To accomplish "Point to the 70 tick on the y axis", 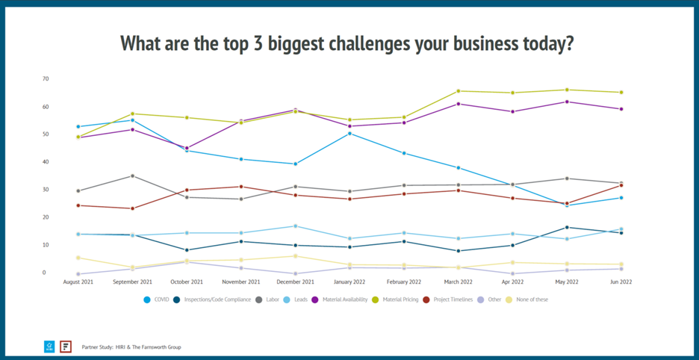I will [x=46, y=78].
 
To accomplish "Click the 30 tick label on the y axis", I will [x=46, y=190].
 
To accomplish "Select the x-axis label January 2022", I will [x=349, y=282].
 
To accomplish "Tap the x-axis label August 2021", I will [x=78, y=282].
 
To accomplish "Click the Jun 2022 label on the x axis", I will [x=621, y=282].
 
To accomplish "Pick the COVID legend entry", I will [x=159, y=300].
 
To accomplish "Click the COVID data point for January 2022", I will [x=349, y=133].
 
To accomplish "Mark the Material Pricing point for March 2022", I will [x=458, y=91].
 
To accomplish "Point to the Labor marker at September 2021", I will [x=132, y=176].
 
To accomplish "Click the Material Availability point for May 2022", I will [x=566, y=102].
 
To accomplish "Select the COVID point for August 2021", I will [x=78, y=127].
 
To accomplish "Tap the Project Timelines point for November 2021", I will [x=240, y=187].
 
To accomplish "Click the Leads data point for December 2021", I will [x=295, y=226].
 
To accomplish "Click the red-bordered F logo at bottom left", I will [x=66, y=347].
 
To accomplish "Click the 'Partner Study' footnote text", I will [x=131, y=347].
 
